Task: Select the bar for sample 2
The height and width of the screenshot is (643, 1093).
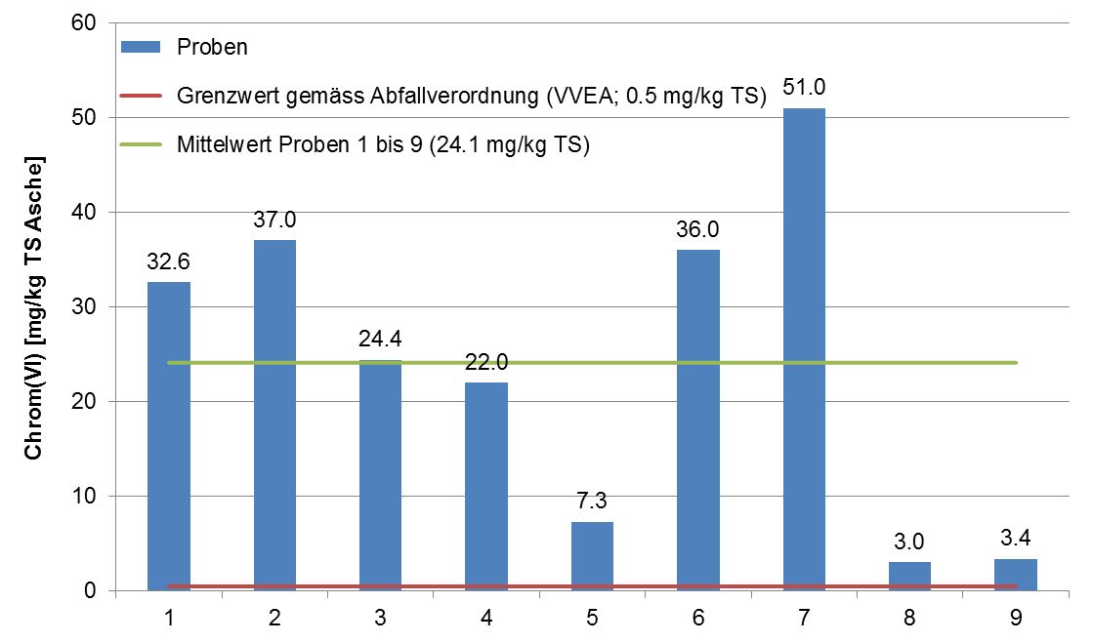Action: click(274, 415)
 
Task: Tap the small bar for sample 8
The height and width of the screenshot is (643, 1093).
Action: click(909, 576)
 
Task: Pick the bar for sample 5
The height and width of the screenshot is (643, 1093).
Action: click(592, 556)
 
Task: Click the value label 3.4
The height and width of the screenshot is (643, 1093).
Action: click(1016, 538)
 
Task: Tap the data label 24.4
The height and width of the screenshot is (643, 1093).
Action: click(381, 340)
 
